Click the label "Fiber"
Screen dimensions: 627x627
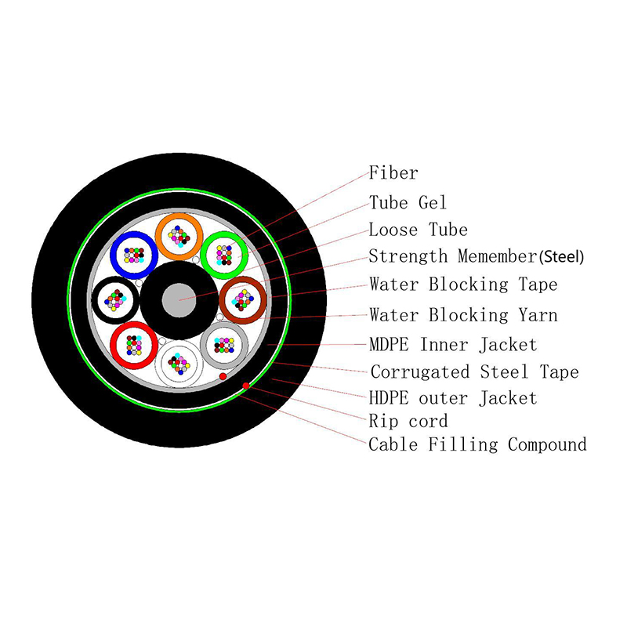(393, 173)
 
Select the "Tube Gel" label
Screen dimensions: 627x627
(408, 202)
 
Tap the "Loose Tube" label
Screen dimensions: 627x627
(418, 230)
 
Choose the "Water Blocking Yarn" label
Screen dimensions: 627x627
(463, 315)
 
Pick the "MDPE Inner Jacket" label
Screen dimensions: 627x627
(453, 344)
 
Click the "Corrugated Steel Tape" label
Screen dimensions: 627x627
(474, 371)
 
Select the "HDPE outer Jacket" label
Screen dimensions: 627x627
(453, 398)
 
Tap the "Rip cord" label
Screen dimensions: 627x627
(408, 422)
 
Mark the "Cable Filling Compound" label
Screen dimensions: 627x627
(477, 445)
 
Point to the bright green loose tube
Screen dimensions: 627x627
(225, 253)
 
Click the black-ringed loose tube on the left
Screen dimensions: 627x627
(116, 299)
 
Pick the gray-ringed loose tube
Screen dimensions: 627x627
(224, 345)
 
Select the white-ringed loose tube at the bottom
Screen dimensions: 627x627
(179, 364)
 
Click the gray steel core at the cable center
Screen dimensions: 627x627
(180, 299)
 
